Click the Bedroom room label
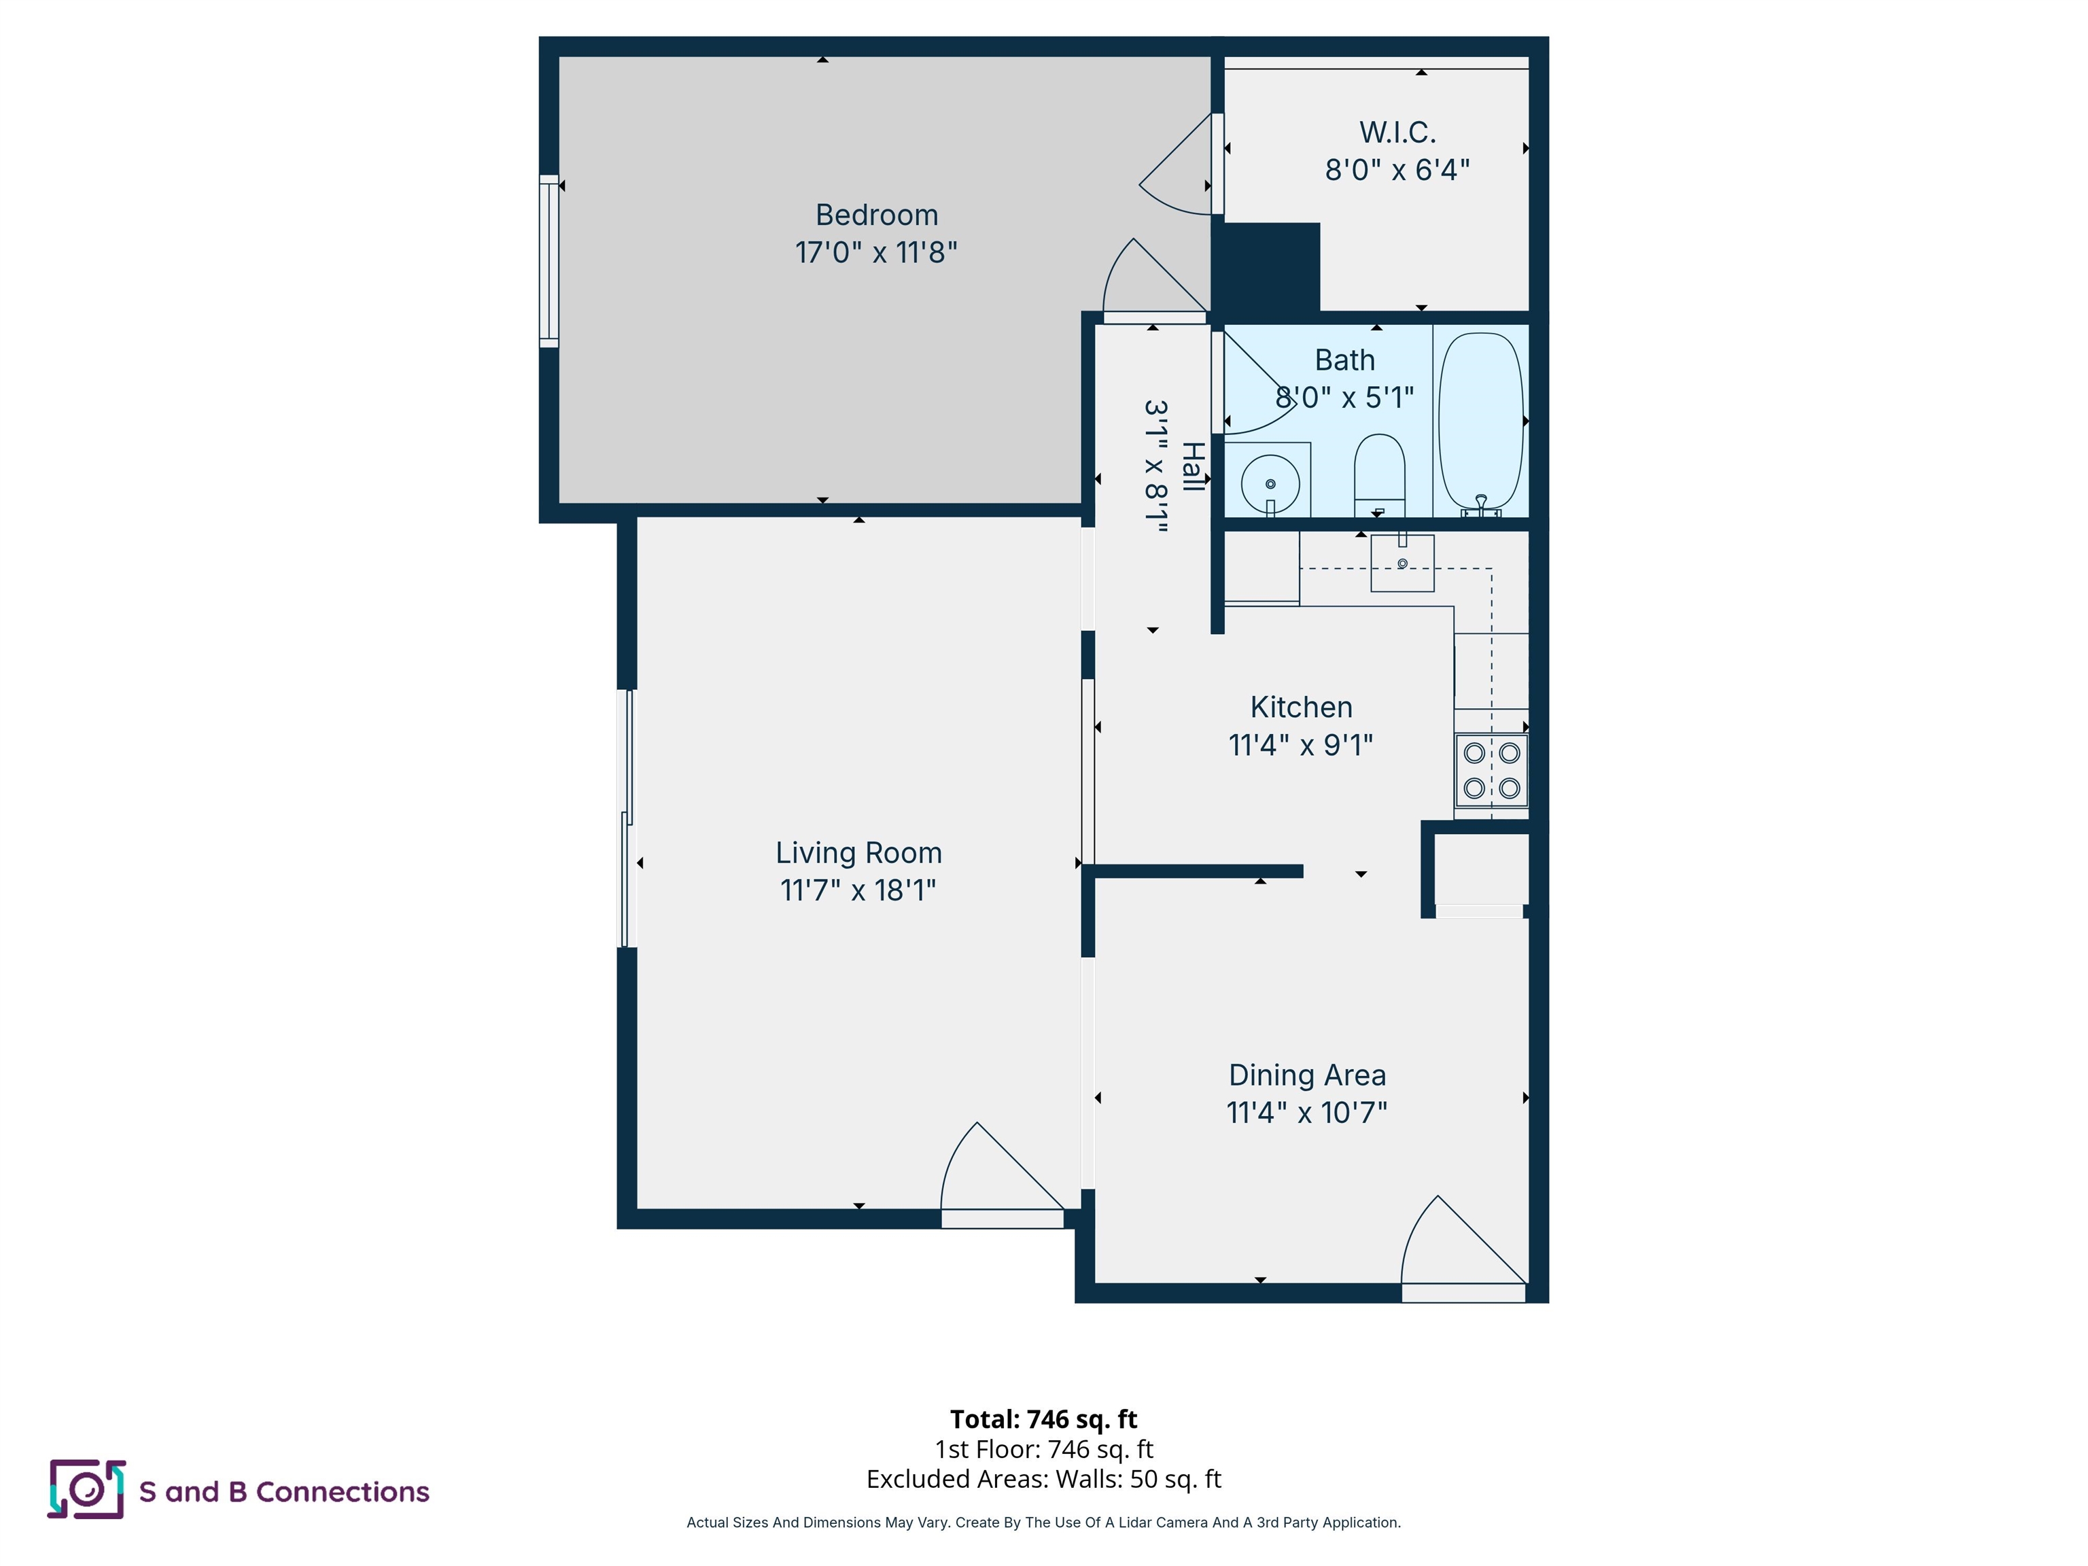tap(876, 215)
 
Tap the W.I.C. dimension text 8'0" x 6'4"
tap(1397, 170)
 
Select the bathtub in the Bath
tap(1480, 422)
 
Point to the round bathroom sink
tap(1270, 483)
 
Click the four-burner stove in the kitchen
tap(1491, 770)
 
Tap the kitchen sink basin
tap(1402, 563)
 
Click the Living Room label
tap(858, 852)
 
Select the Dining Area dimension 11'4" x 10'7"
tap(1306, 1113)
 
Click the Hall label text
tap(1193, 466)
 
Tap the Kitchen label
tap(1301, 707)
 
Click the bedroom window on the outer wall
tap(549, 260)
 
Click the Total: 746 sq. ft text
tap(1043, 1419)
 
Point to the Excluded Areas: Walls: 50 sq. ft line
tap(1043, 1479)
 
